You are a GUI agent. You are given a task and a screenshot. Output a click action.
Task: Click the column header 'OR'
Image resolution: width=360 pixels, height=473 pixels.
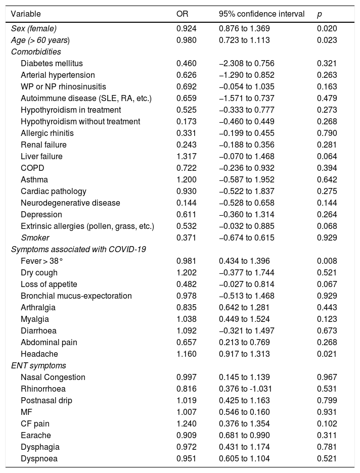pyautogui.click(x=182, y=14)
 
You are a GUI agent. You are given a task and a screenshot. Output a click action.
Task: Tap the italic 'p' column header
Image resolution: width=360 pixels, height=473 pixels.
pyautogui.click(x=319, y=14)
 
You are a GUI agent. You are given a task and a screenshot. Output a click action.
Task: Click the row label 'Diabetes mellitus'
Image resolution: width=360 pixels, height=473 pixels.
pyautogui.click(x=52, y=63)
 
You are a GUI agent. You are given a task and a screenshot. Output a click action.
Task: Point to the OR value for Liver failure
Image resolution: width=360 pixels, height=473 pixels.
pyautogui.click(x=186, y=157)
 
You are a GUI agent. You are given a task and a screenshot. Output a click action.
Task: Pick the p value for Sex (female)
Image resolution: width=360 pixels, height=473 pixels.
pyautogui.click(x=327, y=28)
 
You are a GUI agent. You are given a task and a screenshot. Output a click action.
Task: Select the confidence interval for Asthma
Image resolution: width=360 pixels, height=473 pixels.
pyautogui.click(x=246, y=179)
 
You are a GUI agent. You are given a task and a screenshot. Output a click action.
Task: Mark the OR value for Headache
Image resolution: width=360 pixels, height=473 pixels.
pyautogui.click(x=186, y=354)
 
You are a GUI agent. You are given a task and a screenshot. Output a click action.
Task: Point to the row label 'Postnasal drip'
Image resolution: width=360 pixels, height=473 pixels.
pyautogui.click(x=47, y=400)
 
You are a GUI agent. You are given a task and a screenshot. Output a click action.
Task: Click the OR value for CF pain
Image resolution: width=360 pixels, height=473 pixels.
pyautogui.click(x=186, y=423)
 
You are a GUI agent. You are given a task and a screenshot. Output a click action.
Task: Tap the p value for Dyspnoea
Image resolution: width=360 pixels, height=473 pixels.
pyautogui.click(x=327, y=458)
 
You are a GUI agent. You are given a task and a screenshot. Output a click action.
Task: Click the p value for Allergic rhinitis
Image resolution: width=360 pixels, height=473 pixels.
pyautogui.click(x=327, y=133)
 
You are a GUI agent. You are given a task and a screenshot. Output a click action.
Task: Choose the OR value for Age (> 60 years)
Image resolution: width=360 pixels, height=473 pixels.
pyautogui.click(x=186, y=40)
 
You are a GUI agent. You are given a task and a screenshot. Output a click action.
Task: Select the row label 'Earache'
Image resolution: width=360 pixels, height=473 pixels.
pyautogui.click(x=36, y=435)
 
